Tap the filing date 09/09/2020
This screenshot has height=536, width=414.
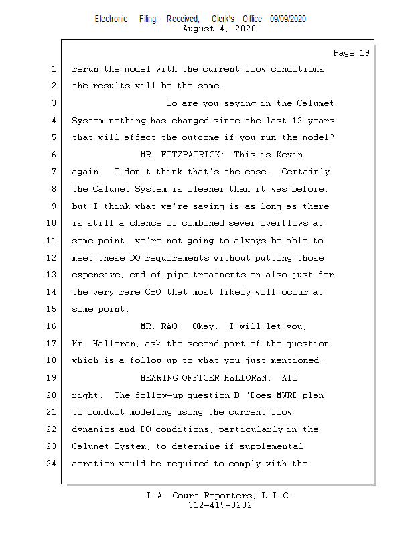pos(288,19)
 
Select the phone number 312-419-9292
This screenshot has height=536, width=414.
pos(220,505)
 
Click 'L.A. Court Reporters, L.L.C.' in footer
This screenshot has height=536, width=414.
pos(220,496)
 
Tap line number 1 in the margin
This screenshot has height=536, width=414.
pos(53,69)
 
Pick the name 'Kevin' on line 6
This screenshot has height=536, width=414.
pos(290,155)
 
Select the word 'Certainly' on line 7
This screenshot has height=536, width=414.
pos(303,172)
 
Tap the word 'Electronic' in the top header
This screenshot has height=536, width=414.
pos(111,19)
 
